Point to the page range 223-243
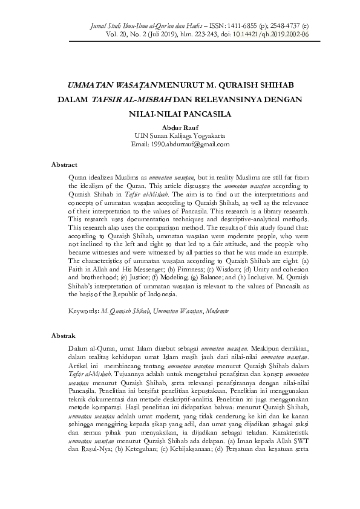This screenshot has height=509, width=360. [224, 35]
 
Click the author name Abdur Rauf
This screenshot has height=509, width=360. [180, 128]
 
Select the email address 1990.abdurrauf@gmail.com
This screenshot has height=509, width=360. [189, 144]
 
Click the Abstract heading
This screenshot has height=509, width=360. [64, 164]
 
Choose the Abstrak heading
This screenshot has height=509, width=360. [63, 335]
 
